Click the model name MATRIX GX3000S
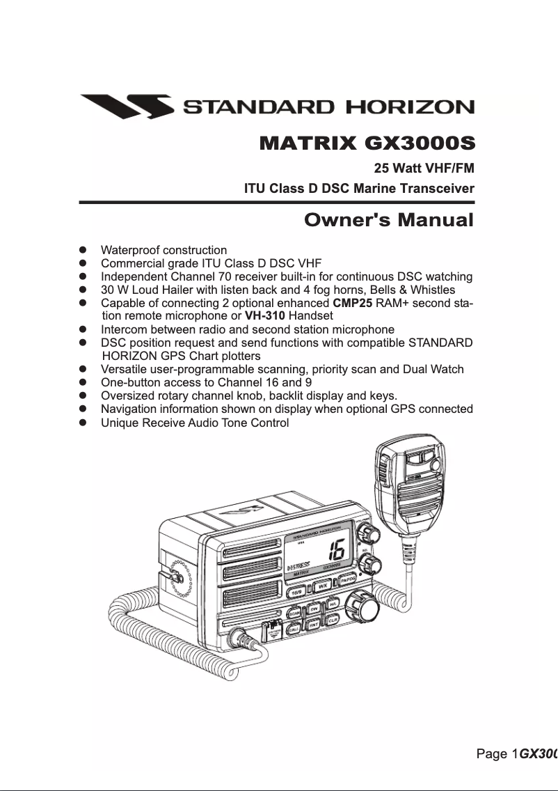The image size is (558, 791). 366,144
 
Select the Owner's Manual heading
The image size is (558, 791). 389,221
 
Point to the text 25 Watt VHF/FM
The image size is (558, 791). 424,168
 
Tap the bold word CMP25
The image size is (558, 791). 353,303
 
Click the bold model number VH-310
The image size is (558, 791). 265,315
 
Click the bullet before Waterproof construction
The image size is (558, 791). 83,250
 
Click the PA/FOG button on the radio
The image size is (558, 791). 348,581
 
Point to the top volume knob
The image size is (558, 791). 367,533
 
